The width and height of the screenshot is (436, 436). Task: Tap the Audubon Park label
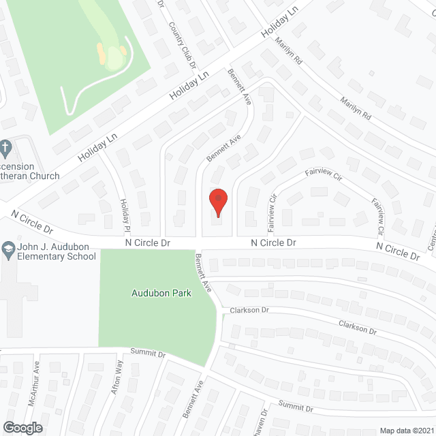(x=162, y=294)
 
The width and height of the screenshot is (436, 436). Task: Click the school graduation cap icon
(x=7, y=247)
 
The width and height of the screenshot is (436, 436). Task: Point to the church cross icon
(x=5, y=146)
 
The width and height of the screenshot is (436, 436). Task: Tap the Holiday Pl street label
(x=125, y=213)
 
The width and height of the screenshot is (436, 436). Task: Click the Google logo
(x=22, y=427)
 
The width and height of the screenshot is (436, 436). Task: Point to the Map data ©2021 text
(x=407, y=430)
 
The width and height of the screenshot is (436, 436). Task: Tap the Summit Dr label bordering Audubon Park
(x=148, y=354)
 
